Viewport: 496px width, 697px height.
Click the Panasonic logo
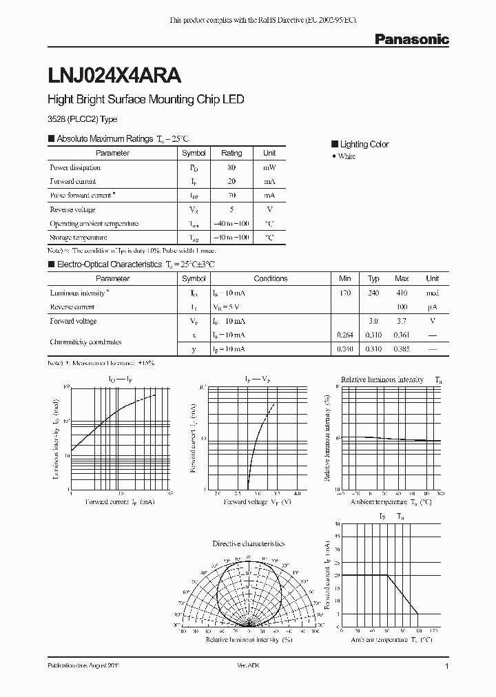[411, 40]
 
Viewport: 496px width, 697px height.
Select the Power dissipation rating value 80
[231, 167]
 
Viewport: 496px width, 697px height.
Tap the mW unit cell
[269, 167]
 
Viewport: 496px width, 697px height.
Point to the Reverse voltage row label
[72, 209]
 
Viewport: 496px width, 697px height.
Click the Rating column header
[231, 153]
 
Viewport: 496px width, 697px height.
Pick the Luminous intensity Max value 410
[402, 293]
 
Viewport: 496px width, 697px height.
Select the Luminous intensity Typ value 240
[373, 293]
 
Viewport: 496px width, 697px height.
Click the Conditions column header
[271, 279]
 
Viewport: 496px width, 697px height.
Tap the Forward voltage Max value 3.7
[402, 321]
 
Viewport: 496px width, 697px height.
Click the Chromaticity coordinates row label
[86, 342]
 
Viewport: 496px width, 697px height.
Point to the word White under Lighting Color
[347, 157]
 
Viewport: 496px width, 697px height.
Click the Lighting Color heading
[364, 144]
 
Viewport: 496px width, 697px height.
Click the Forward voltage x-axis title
[251, 502]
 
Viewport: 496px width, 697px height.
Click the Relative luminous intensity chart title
[382, 379]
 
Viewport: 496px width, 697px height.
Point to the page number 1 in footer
[447, 667]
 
